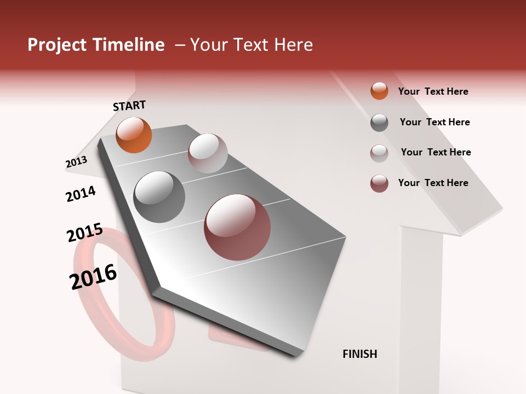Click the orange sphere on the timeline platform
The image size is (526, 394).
(134, 135)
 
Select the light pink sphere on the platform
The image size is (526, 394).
(208, 153)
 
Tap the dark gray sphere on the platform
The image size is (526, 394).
(159, 197)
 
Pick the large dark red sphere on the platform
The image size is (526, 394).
(237, 227)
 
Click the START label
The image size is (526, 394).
(129, 106)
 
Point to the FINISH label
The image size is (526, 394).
(360, 354)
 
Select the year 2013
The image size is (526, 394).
(76, 162)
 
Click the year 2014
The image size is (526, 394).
(81, 194)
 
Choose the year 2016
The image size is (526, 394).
(93, 277)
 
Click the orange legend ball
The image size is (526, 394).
(379, 91)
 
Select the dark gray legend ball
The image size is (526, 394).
(379, 123)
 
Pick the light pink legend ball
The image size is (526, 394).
(379, 153)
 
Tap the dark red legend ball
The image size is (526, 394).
(379, 183)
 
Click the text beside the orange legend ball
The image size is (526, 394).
(433, 91)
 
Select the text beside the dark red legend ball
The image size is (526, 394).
(433, 183)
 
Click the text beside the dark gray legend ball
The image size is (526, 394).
(434, 122)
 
